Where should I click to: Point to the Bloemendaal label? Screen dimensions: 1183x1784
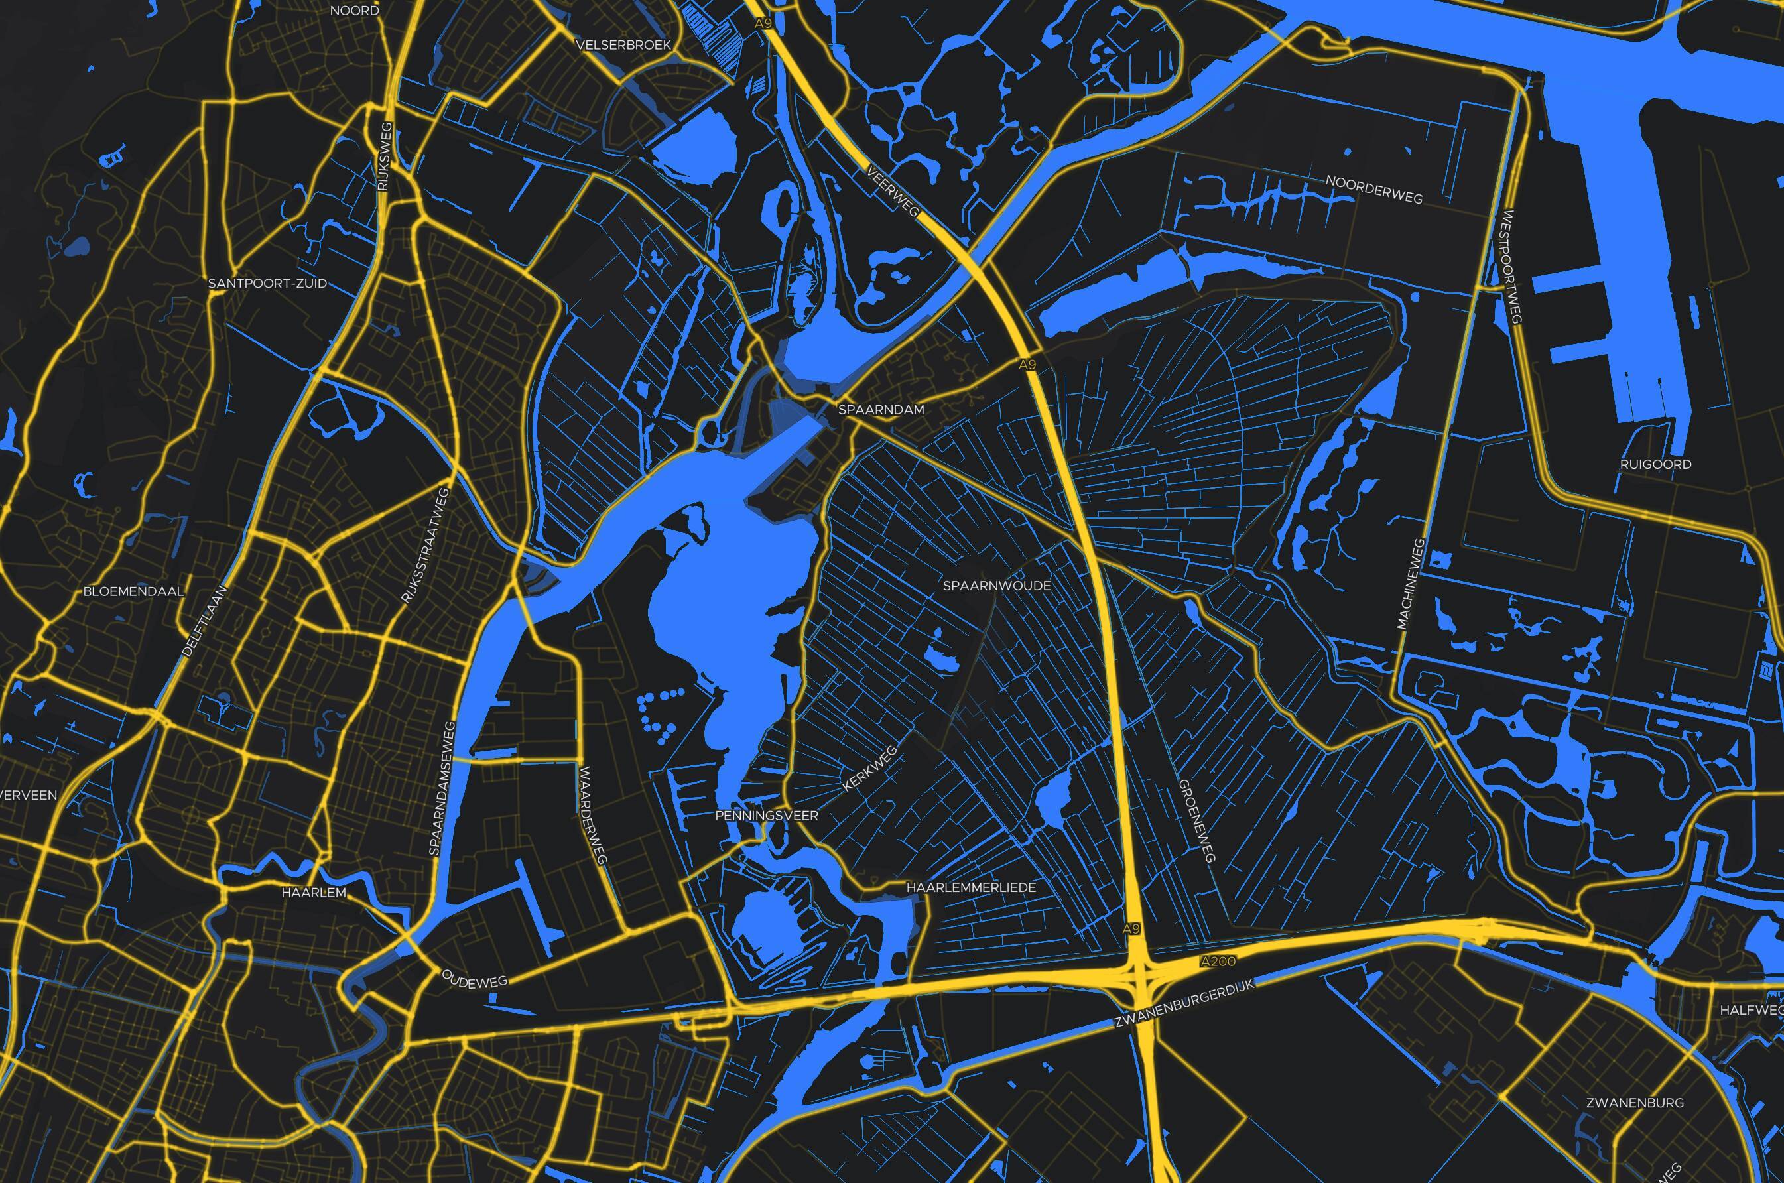pyautogui.click(x=133, y=591)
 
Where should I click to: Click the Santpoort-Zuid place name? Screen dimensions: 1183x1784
pyautogui.click(x=267, y=284)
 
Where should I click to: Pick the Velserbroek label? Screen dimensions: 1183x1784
pyautogui.click(x=623, y=45)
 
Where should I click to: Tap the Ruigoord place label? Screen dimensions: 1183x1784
pyautogui.click(x=1655, y=464)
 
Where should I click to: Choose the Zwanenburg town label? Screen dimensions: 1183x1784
pyautogui.click(x=1635, y=1103)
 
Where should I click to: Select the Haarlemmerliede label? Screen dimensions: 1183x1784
pyautogui.click(x=971, y=888)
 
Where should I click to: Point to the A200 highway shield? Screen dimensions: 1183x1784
pyautogui.click(x=1218, y=962)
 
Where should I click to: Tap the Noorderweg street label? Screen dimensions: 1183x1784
pyautogui.click(x=1373, y=190)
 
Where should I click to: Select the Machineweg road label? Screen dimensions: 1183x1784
pyautogui.click(x=1410, y=584)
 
